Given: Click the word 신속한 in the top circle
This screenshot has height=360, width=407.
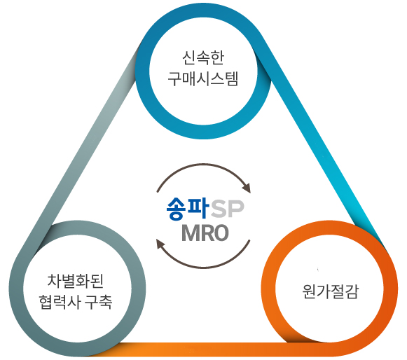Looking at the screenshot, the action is tap(203, 57).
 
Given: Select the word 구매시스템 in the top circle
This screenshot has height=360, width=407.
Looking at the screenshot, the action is tap(203, 78).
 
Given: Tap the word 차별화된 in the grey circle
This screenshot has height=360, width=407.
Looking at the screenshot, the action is tap(76, 281).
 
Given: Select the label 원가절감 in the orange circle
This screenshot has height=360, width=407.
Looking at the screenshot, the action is tap(330, 291).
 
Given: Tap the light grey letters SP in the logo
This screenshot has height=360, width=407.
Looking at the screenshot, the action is tap(228, 209).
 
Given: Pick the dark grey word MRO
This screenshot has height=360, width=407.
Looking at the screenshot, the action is tap(205, 233).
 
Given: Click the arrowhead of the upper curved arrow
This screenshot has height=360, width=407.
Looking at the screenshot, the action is tap(247, 188).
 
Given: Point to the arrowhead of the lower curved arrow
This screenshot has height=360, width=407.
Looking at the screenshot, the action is tap(160, 244).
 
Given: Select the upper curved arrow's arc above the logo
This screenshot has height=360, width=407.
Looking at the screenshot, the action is tap(203, 164).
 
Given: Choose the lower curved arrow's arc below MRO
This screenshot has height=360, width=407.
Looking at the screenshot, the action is tap(203, 268).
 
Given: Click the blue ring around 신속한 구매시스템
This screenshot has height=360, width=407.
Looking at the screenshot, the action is tap(203, 132).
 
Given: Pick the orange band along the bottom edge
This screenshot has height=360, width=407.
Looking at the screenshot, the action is tap(207, 349).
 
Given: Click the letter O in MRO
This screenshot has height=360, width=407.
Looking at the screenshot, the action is tap(219, 233).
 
